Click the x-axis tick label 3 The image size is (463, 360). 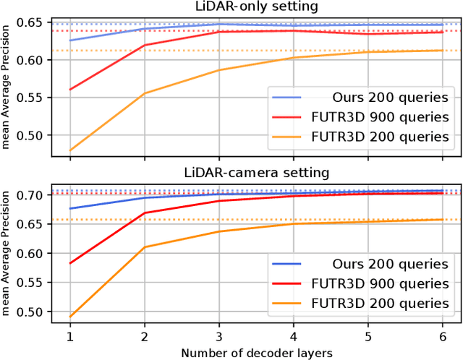click(218, 338)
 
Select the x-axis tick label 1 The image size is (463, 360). click(70, 338)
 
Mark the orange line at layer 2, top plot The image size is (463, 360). click(145, 93)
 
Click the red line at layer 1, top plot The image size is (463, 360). click(70, 90)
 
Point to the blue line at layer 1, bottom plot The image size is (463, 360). click(70, 208)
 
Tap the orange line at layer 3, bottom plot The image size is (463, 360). click(218, 231)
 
